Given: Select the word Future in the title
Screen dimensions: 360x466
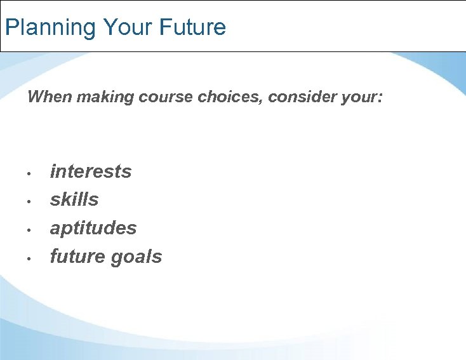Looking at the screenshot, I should (x=192, y=27).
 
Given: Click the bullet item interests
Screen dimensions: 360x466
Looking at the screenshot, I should (x=91, y=171).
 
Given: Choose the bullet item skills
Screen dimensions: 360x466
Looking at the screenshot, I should (x=74, y=199).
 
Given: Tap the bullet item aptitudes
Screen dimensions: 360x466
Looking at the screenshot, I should (x=93, y=228).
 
